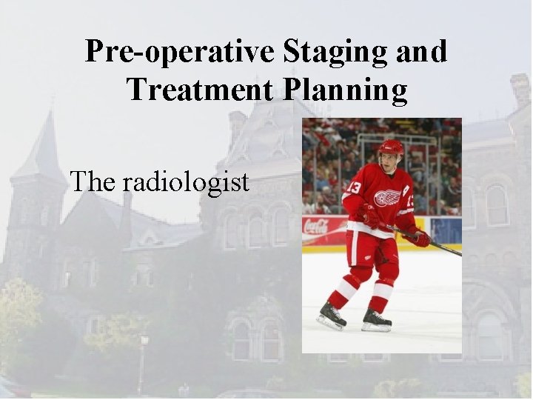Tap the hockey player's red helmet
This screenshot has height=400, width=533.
390,147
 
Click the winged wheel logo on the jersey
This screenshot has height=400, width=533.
386,198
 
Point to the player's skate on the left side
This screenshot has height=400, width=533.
332,316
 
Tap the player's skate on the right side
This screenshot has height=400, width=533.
377,319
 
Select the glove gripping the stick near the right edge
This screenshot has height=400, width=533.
420,237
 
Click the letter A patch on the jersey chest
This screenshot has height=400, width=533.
406,191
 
